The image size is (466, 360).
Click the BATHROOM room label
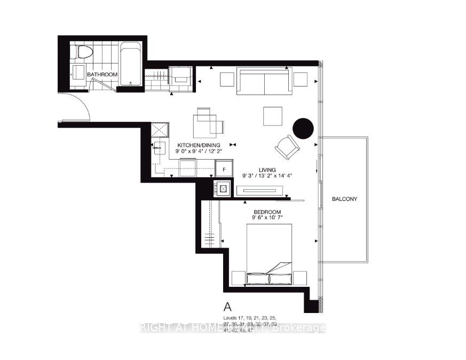coord(102,75)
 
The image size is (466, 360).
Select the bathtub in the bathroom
coord(130,64)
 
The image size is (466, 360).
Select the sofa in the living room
coord(264,81)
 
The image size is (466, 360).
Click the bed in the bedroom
coord(269,251)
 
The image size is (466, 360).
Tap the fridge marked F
coord(223,169)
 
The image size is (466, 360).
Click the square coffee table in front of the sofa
coord(272,116)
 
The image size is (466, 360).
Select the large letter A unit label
coord(228,307)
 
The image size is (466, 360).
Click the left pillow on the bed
coord(257,278)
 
